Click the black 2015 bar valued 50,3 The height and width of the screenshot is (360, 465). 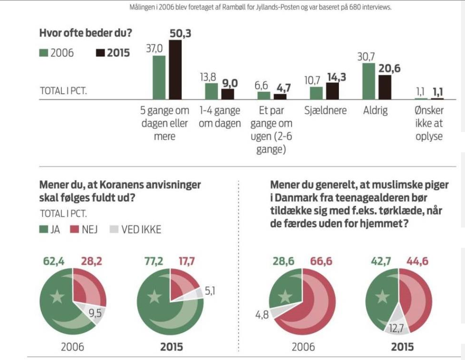click(175, 70)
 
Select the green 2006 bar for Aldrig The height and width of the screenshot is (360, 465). click(369, 81)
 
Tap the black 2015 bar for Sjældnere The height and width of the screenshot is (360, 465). click(333, 91)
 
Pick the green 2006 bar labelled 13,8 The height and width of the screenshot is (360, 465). click(211, 91)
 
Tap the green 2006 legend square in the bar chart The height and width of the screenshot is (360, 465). click(44, 53)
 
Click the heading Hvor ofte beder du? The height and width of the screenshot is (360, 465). click(88, 34)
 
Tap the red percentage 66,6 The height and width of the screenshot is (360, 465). click(318, 260)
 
